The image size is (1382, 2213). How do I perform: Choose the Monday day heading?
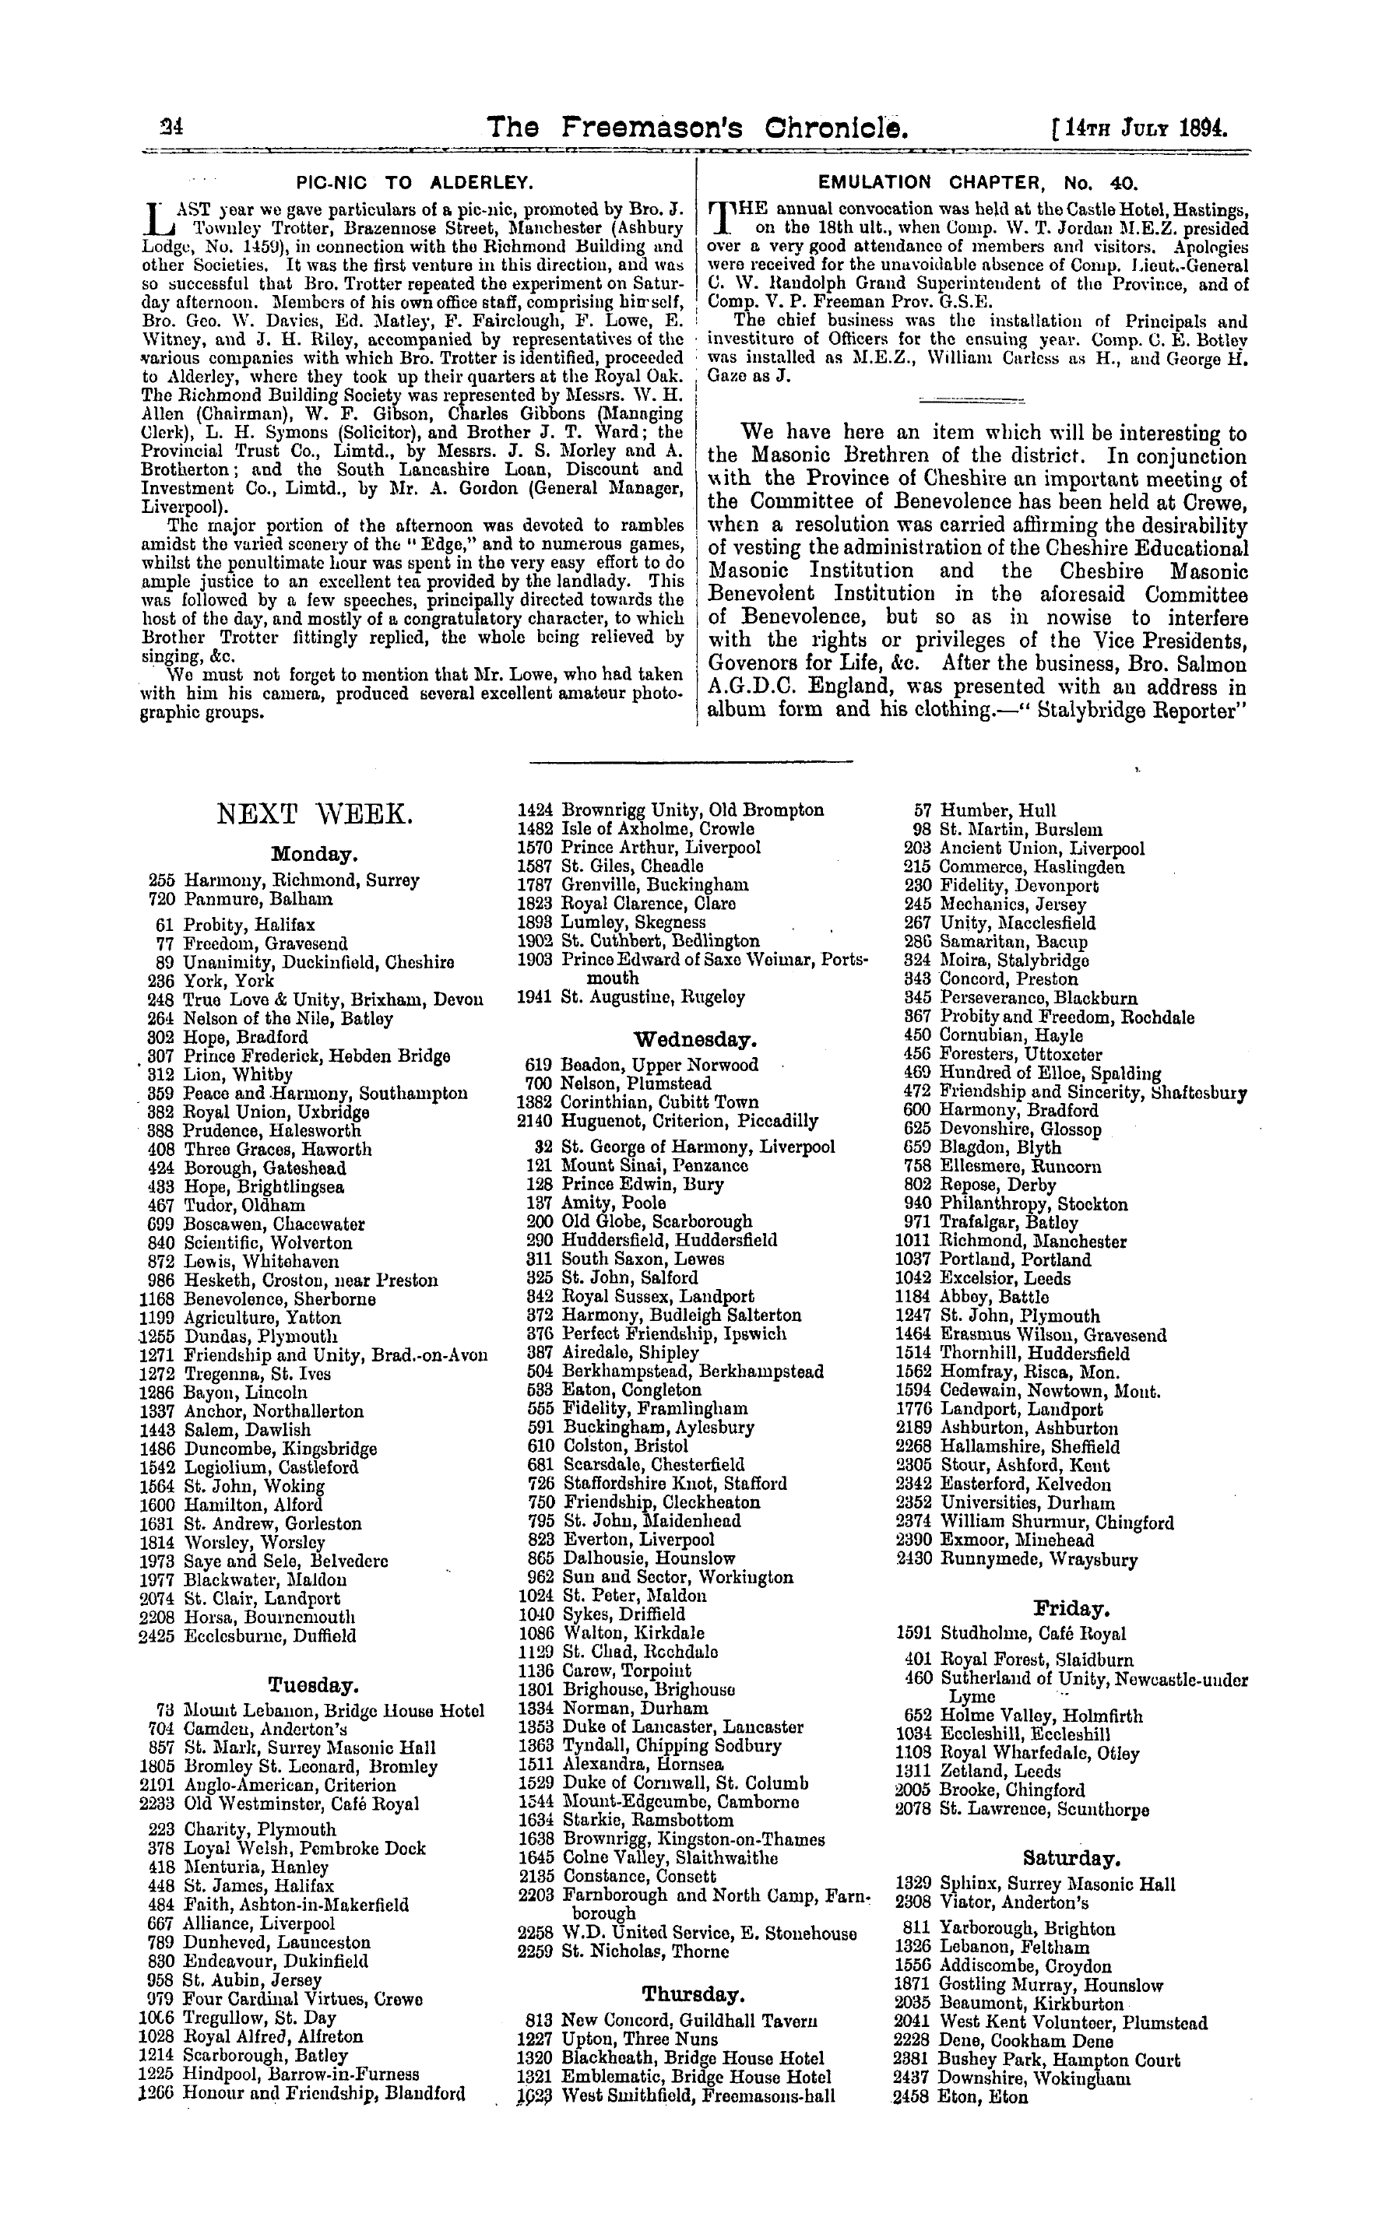click(x=314, y=855)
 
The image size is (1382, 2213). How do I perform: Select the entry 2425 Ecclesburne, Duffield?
click(x=248, y=1636)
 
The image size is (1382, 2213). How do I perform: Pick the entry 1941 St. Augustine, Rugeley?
click(x=631, y=998)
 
